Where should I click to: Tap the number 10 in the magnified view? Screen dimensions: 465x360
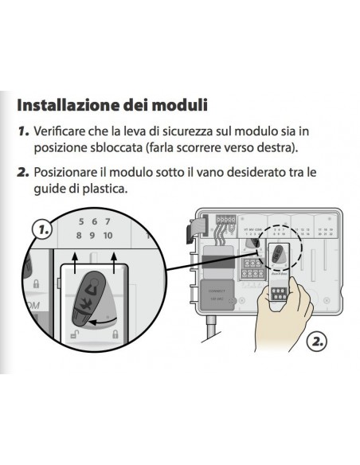tap(108, 236)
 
